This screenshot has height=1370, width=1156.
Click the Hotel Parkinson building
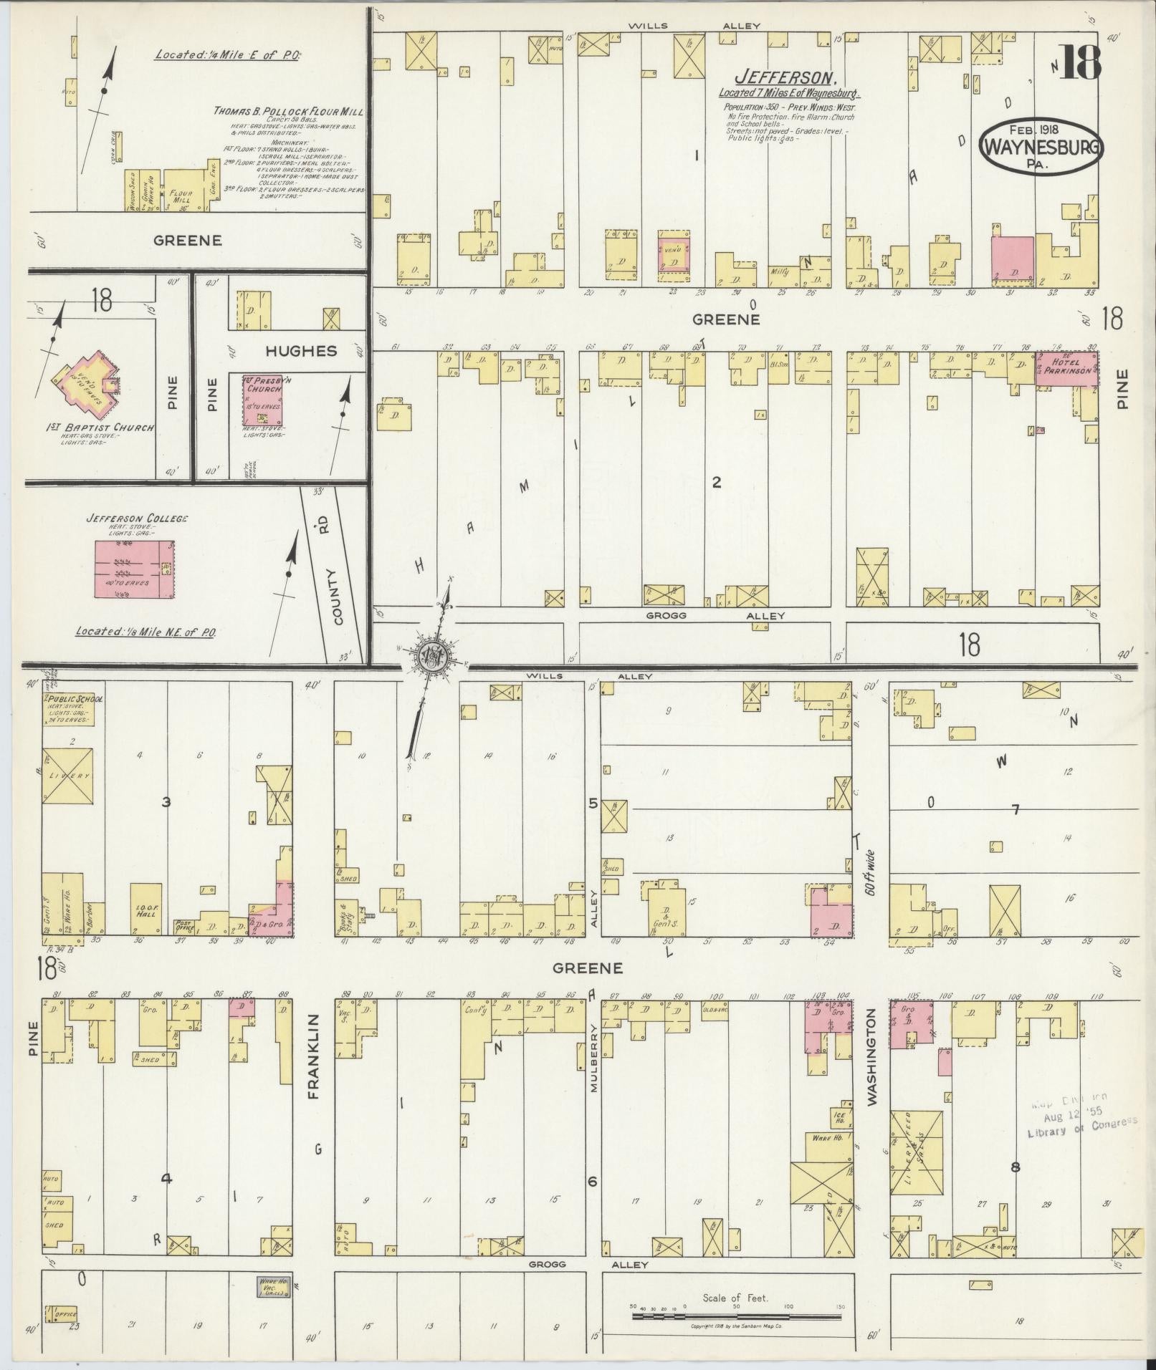coord(1067,369)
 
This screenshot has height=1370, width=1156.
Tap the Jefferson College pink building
coord(135,569)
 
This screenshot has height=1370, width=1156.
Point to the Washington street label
coord(871,1057)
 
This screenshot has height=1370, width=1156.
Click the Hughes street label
coord(302,351)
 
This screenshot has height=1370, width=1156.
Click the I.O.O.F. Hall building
coord(145,910)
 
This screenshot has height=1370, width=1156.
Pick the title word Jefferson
coord(786,77)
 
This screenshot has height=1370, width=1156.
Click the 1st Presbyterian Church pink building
coord(263,402)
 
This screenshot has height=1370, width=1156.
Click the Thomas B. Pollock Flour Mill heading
coord(288,112)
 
